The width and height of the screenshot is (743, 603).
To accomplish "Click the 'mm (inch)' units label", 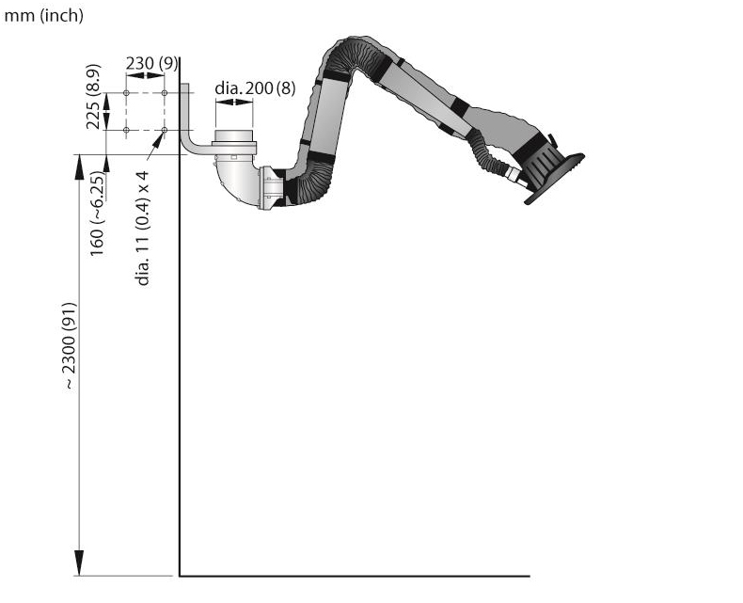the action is [x=43, y=16].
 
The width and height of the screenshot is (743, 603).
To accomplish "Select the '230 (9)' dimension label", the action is [x=151, y=63].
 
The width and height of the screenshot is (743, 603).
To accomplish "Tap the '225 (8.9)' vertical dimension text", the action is [x=93, y=97].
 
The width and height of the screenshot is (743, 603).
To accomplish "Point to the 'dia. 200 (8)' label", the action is [x=255, y=88].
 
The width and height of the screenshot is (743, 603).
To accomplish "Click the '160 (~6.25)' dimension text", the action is [x=97, y=214].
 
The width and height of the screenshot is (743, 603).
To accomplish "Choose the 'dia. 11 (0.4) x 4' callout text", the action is [x=143, y=228].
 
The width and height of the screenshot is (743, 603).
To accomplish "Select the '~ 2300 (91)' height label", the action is [x=70, y=346].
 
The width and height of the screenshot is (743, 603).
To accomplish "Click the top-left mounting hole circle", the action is [x=127, y=93].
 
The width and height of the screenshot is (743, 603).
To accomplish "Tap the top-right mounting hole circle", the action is [x=165, y=93].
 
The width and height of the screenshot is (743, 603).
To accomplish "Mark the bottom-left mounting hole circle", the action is [x=127, y=130].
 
